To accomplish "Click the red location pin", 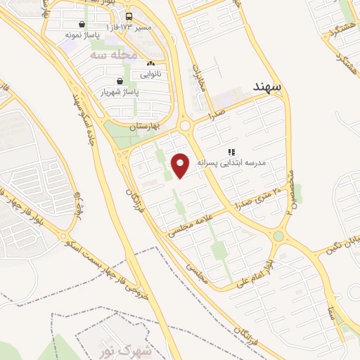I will [181, 165].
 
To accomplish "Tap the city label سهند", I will [267, 86].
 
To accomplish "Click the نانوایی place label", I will [150, 73].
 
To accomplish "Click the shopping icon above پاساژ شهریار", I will [124, 81].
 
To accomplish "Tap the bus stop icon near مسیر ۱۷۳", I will [128, 16].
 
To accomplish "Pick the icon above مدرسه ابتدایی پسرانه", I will [231, 151].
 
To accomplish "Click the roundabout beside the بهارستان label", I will [186, 125].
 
